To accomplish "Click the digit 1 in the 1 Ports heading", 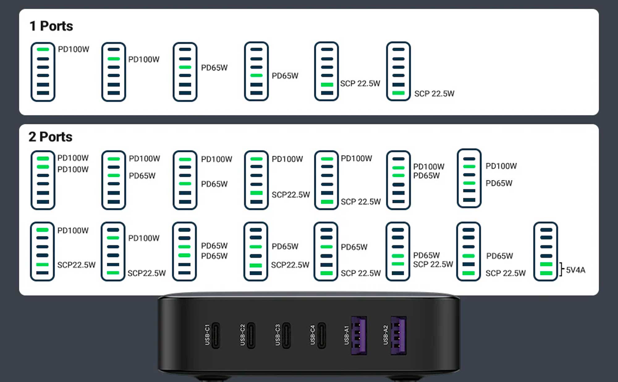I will [x=32, y=26].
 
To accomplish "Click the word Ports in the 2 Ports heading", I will [x=56, y=137].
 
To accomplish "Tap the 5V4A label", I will [x=576, y=270].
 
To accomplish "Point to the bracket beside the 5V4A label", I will [x=561, y=269].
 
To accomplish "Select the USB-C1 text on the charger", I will [x=207, y=335].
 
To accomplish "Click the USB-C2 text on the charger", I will [x=243, y=335].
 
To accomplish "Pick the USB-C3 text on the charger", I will [x=277, y=335].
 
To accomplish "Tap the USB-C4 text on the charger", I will [x=313, y=335].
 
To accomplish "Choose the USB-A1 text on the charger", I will [x=346, y=335].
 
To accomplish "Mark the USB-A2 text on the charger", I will [x=385, y=335].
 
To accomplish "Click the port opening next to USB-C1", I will [x=216, y=335].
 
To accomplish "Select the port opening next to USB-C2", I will [x=251, y=335].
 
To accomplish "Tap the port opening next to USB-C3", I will [x=286, y=335].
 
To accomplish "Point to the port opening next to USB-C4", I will [x=322, y=335].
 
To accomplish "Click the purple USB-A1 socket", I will [x=359, y=335].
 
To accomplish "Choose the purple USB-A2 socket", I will [x=399, y=335].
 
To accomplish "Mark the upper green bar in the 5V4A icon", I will [x=546, y=264].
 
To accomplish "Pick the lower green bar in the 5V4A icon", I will [x=546, y=273].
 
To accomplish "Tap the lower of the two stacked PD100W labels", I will [x=73, y=170].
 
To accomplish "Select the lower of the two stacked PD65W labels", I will [x=214, y=256].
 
